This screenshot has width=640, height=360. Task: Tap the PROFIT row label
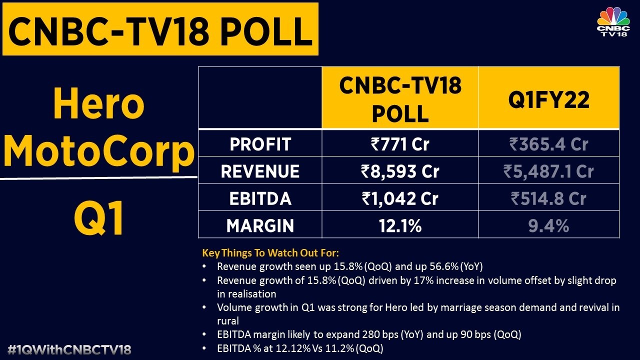[260, 144]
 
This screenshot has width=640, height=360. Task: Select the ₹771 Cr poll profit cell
[399, 144]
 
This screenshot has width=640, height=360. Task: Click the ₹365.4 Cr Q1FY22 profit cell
[548, 144]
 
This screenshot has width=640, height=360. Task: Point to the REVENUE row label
[260, 171]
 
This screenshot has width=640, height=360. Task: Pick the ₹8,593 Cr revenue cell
[399, 171]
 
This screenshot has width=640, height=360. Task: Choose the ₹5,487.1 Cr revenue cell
[548, 171]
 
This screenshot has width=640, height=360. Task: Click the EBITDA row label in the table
[260, 198]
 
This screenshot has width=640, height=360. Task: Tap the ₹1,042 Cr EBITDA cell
[399, 198]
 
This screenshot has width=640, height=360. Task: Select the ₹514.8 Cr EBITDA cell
[548, 198]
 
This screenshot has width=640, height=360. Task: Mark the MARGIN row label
[260, 225]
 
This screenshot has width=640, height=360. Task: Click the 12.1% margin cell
[399, 225]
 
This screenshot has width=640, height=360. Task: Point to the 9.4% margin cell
[548, 225]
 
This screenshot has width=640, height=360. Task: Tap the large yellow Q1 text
[99, 219]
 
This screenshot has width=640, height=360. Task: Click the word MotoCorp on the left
[99, 151]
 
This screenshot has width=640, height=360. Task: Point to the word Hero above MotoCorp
[99, 104]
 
